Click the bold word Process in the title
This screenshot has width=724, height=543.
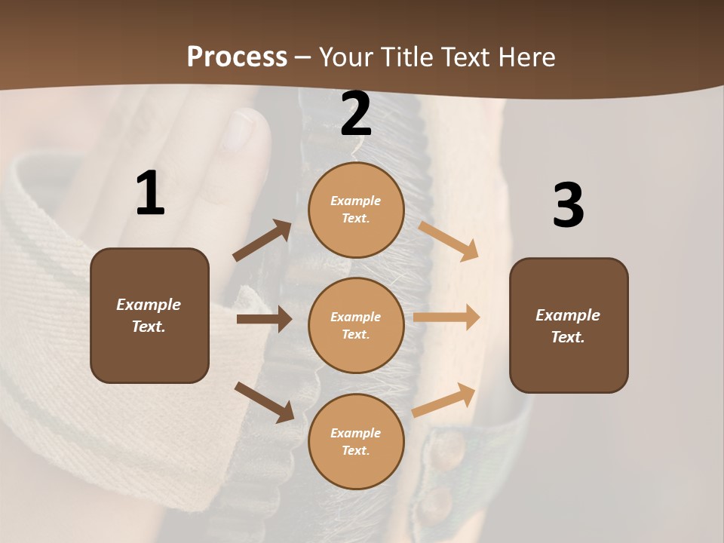237,57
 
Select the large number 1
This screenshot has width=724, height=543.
150,194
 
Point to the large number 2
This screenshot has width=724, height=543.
356,114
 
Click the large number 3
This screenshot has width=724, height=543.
568,205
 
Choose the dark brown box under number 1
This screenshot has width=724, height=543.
149,315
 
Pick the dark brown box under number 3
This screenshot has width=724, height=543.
569,325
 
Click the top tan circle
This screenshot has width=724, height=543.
356,210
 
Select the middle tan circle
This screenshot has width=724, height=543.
356,325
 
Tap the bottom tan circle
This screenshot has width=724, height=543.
356,441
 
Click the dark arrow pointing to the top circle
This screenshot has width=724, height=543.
262,241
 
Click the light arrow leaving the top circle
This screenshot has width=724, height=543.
448,241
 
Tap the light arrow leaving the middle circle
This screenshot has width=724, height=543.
446,318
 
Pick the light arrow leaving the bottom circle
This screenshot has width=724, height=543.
444,400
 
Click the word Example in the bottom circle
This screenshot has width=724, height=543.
356,433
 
